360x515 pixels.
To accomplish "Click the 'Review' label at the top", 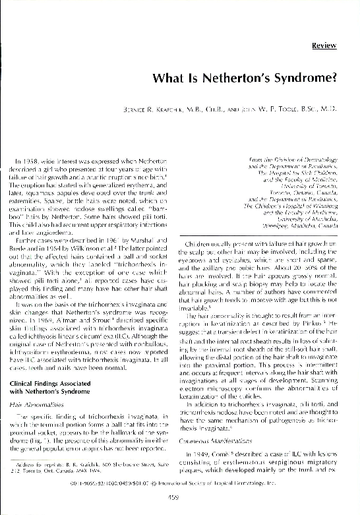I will pos(326,47).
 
